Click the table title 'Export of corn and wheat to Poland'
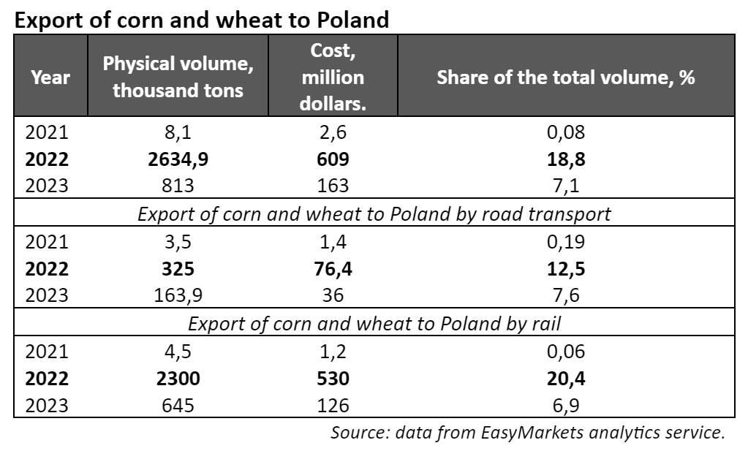[202, 20]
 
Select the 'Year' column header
[51, 76]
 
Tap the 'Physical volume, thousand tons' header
[178, 76]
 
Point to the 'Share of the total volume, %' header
[565, 77]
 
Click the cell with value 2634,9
[178, 159]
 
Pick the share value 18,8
[565, 159]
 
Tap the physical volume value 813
[178, 185]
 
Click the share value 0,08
[565, 133]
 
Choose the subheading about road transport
[374, 213]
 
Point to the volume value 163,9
[178, 295]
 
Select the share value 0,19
[565, 242]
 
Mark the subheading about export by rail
[374, 323]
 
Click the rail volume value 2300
[178, 378]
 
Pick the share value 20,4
[565, 378]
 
